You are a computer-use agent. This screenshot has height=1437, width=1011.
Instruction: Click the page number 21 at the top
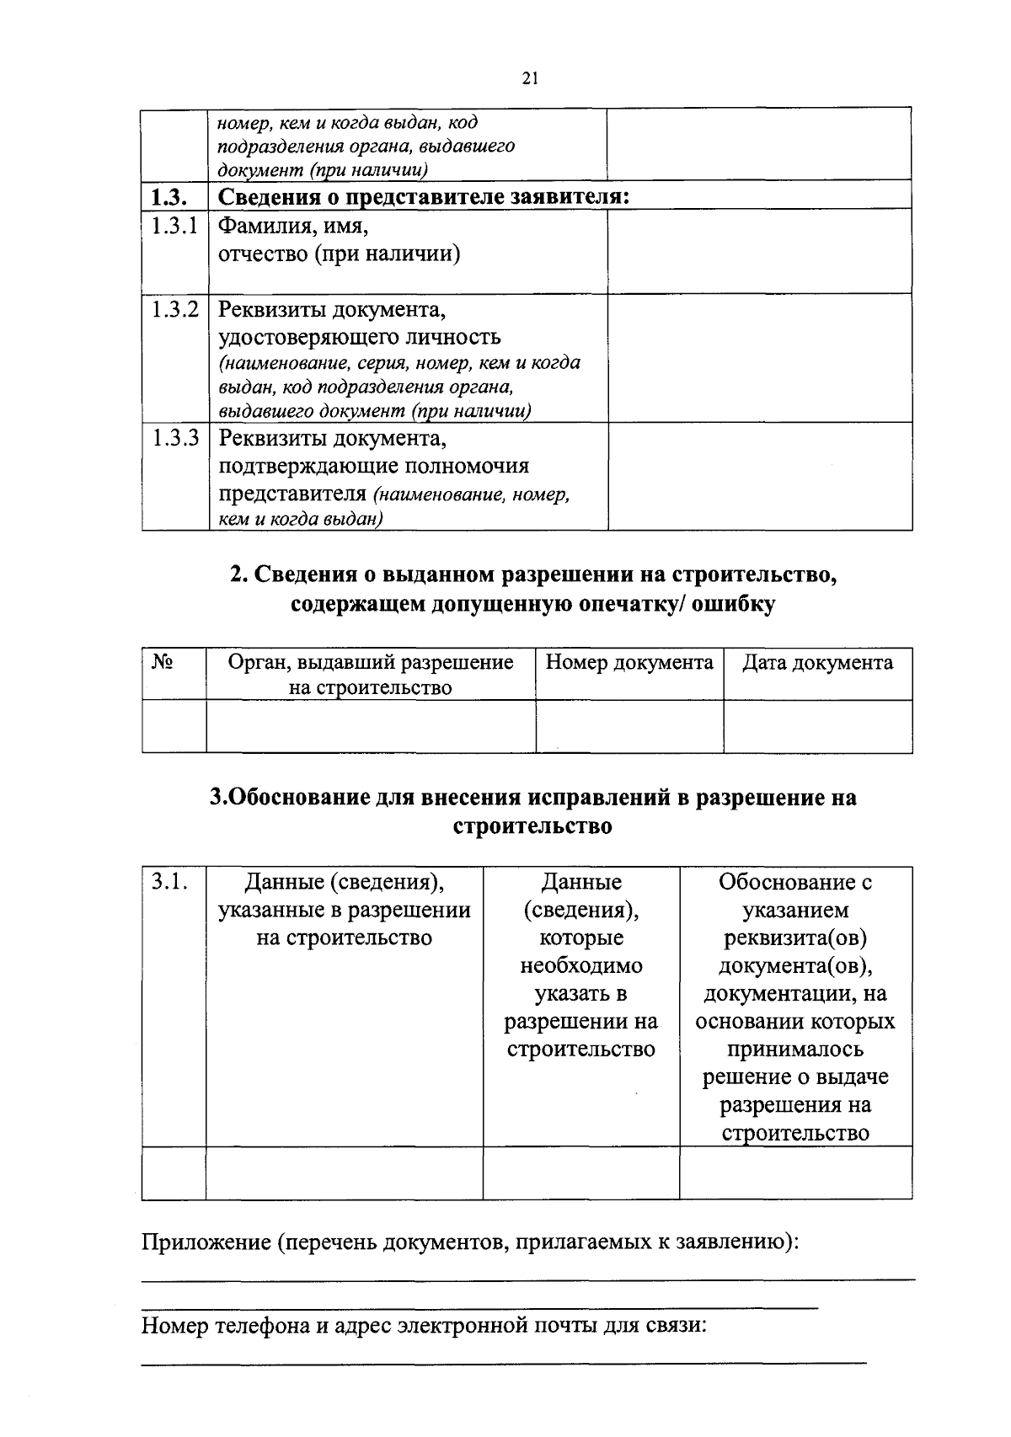pos(529,78)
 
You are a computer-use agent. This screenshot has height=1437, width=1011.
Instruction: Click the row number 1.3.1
pos(174,226)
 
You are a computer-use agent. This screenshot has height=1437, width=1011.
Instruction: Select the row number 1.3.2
pos(174,309)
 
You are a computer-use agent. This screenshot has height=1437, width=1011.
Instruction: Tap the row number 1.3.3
pos(174,438)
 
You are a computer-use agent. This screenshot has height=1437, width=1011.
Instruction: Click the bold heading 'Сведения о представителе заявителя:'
pos(425,197)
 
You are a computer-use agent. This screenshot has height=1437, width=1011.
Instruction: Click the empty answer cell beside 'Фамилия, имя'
pos(759,250)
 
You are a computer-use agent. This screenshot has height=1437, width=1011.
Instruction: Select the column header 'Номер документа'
pos(629,662)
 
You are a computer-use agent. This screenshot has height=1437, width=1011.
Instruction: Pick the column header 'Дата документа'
pos(817,662)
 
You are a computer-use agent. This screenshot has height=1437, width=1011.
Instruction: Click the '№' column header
pos(163,662)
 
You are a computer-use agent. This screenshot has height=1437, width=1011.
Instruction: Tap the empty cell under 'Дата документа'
pos(817,725)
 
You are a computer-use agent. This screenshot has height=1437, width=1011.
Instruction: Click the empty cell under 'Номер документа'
pos(629,725)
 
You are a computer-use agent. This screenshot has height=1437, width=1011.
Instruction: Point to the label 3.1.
pos(168,882)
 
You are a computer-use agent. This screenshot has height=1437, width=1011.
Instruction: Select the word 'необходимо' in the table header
pos(580,965)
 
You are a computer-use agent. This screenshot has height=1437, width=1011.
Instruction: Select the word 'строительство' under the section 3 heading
pos(532,825)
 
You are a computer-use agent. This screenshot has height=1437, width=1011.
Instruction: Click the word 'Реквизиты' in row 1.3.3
pos(271,438)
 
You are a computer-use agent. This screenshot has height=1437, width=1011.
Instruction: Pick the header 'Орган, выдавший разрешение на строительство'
pos(371,674)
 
